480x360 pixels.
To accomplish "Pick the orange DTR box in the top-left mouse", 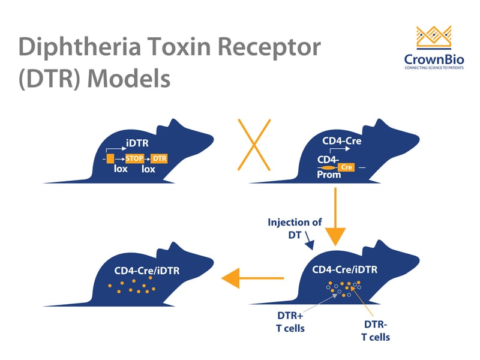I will pos(159,158).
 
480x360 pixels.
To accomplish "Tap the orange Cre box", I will pos(346,167).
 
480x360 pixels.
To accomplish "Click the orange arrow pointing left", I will pos(252,278).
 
